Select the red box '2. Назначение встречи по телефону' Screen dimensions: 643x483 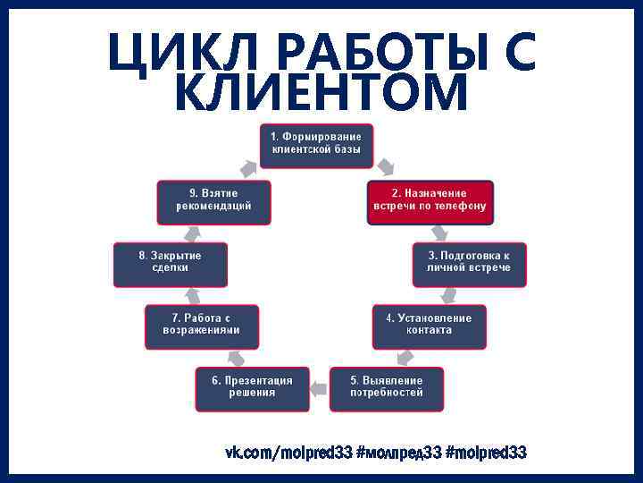tap(430, 202)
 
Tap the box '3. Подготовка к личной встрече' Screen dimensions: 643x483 tap(469, 264)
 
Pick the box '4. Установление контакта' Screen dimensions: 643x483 tap(430, 326)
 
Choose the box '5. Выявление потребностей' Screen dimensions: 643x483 tap(386, 388)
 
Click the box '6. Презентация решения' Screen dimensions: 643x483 tap(252, 388)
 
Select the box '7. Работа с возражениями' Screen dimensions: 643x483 tap(202, 326)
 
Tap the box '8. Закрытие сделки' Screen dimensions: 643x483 tap(170, 264)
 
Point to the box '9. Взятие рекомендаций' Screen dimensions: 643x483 tap(213, 202)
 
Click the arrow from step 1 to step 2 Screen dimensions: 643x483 tap(386, 166)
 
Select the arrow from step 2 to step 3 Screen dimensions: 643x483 tap(438, 233)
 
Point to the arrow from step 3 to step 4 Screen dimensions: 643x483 tap(449, 294)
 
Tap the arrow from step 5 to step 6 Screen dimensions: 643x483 tap(319, 386)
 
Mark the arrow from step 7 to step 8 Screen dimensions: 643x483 tap(191, 294)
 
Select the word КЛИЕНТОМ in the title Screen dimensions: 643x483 tap(321, 92)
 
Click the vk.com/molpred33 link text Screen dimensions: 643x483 tap(288, 453)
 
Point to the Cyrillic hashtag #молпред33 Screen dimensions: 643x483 tap(398, 453)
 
